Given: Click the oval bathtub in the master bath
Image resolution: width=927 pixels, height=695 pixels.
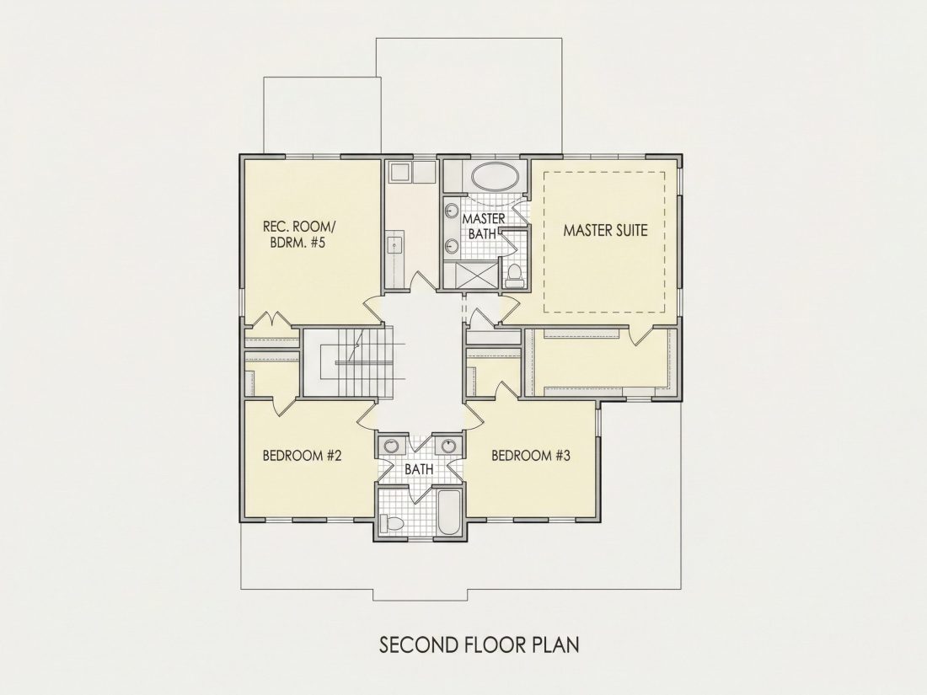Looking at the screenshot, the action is (496, 177).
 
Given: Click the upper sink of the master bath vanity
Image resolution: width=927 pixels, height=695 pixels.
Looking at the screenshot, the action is (453, 211).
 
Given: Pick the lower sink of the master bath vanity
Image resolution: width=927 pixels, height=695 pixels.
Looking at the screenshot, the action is (453, 245).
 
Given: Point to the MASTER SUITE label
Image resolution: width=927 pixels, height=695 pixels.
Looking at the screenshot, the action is (605, 230).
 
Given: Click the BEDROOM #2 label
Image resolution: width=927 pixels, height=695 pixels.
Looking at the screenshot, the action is (302, 456).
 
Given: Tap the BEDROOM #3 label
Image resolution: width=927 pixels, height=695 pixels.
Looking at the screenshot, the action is (531, 456).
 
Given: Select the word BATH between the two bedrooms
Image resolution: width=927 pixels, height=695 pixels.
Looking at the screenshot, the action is (419, 470).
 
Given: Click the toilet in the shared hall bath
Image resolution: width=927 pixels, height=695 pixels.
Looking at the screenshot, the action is (391, 523).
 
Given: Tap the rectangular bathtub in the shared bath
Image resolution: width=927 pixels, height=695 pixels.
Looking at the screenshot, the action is (449, 513).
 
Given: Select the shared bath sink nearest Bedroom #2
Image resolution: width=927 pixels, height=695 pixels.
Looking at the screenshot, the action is (390, 446).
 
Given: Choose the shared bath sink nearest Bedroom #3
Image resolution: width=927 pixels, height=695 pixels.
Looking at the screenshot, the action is (448, 446).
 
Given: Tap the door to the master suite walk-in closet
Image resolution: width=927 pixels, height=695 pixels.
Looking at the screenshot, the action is (640, 334).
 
